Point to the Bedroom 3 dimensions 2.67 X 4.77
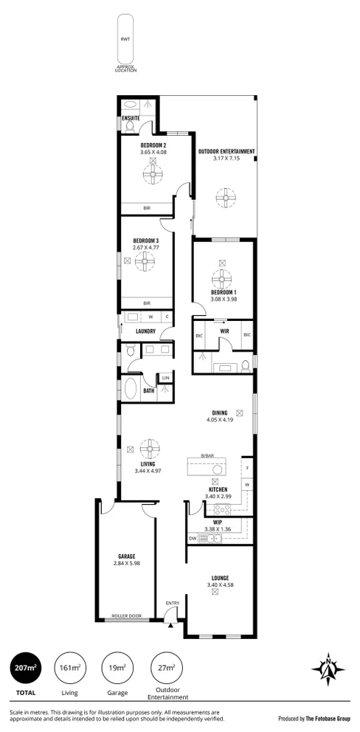[146, 247]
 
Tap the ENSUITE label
[131, 117]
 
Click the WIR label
[224, 331]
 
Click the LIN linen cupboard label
[166, 378]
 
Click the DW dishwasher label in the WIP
[193, 539]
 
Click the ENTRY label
[172, 604]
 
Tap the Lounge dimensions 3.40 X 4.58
[219, 585]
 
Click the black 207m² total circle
[25, 669]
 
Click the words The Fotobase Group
[328, 718]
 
